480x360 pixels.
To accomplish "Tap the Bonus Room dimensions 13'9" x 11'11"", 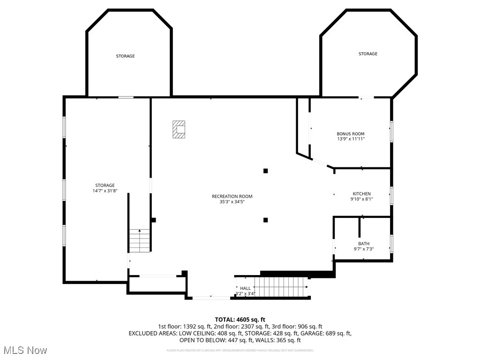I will point(351,139).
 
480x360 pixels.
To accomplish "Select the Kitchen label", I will point(362,194).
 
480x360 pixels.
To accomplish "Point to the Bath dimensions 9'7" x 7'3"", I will point(364,249).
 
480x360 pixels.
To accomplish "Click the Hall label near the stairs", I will point(245,288).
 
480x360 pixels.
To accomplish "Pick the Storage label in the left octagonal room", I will point(125,56).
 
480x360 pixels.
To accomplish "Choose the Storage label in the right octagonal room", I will point(368,54).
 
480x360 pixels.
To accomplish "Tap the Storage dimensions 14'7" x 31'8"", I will point(105,191).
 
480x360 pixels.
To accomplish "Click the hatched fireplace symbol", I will point(179,129).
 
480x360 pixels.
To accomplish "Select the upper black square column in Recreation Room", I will point(265,171).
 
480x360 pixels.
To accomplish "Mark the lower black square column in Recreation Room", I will point(265,220).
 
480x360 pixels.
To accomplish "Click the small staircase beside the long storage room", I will point(140,240).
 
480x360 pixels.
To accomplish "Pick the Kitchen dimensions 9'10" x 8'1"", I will point(362,199).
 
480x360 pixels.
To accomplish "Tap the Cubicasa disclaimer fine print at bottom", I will point(240,350).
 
